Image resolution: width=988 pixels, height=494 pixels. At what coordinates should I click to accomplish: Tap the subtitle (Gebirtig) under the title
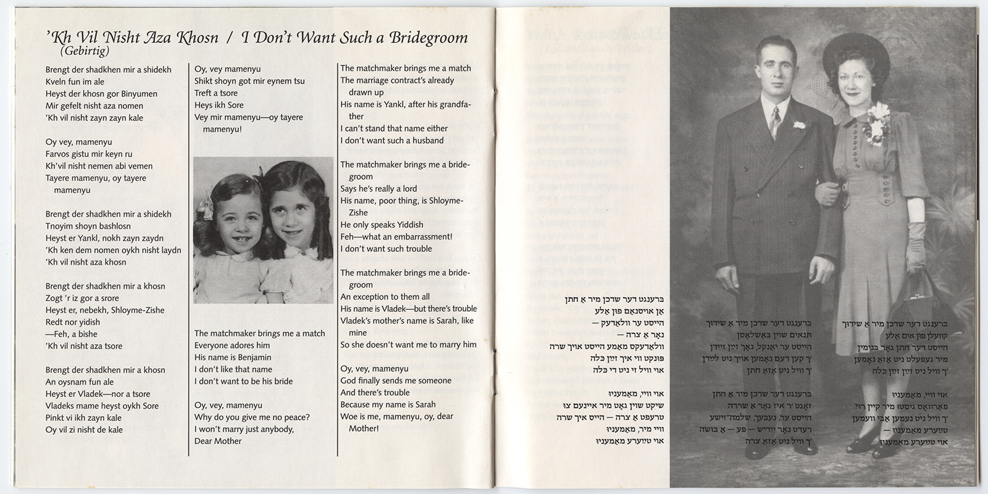85,51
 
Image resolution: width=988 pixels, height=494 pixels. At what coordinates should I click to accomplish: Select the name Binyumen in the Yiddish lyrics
138,94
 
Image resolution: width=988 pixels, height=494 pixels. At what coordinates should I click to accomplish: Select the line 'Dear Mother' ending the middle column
218,441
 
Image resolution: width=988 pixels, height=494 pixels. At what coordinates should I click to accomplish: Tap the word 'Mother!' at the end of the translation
364,429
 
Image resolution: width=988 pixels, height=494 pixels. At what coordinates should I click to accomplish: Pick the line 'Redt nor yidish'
73,322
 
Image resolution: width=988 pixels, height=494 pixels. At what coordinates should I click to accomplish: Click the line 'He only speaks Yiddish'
382,225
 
